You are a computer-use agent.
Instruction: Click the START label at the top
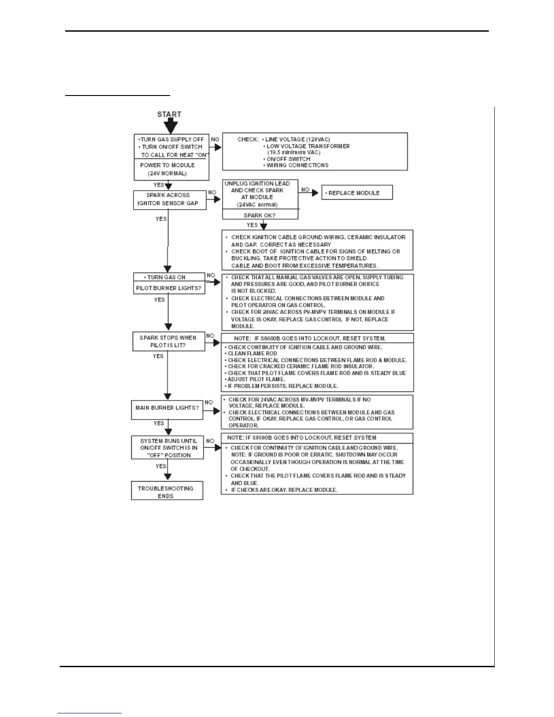(169, 114)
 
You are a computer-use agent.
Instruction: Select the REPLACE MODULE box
(357, 193)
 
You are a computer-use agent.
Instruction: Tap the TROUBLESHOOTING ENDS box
(167, 492)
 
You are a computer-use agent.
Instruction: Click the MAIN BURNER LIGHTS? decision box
(167, 408)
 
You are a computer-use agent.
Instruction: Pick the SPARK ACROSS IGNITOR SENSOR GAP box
(168, 199)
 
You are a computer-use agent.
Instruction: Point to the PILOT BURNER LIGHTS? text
(168, 288)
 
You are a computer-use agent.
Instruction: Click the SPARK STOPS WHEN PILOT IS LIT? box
(168, 341)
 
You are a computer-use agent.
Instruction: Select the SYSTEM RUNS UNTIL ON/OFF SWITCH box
(168, 448)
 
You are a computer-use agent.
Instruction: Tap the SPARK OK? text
(259, 215)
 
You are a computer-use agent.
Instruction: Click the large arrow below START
(169, 126)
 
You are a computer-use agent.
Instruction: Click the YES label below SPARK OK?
(252, 225)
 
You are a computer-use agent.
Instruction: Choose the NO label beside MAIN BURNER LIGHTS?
(209, 402)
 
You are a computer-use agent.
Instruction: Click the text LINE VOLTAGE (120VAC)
(297, 139)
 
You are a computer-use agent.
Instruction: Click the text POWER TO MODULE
(167, 165)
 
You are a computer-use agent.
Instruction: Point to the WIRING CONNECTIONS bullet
(297, 165)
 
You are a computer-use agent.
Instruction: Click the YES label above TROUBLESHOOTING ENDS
(161, 466)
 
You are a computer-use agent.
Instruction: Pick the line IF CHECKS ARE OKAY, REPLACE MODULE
(284, 490)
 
